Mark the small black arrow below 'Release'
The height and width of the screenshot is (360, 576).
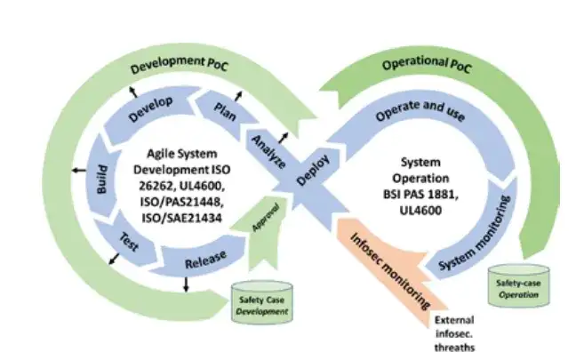coord(187,284)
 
